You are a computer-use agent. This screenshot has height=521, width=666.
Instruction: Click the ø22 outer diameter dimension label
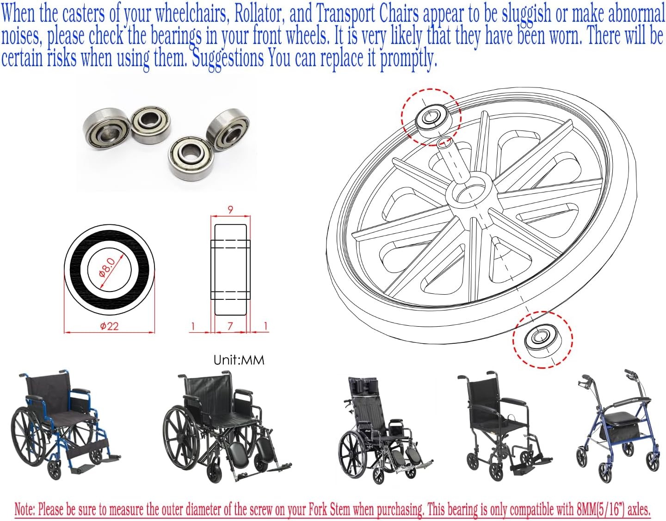pos(109,326)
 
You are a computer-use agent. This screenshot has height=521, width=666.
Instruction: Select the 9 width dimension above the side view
pos(230,210)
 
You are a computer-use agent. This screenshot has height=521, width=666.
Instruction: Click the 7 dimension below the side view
pos(230,326)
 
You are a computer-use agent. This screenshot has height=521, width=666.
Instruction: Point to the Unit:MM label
pos(239,360)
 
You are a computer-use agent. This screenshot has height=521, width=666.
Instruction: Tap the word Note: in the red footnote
pos(25,509)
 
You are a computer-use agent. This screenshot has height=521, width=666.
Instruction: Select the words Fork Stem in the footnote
pos(328,509)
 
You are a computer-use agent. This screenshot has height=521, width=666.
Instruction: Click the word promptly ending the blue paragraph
pos(407,59)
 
